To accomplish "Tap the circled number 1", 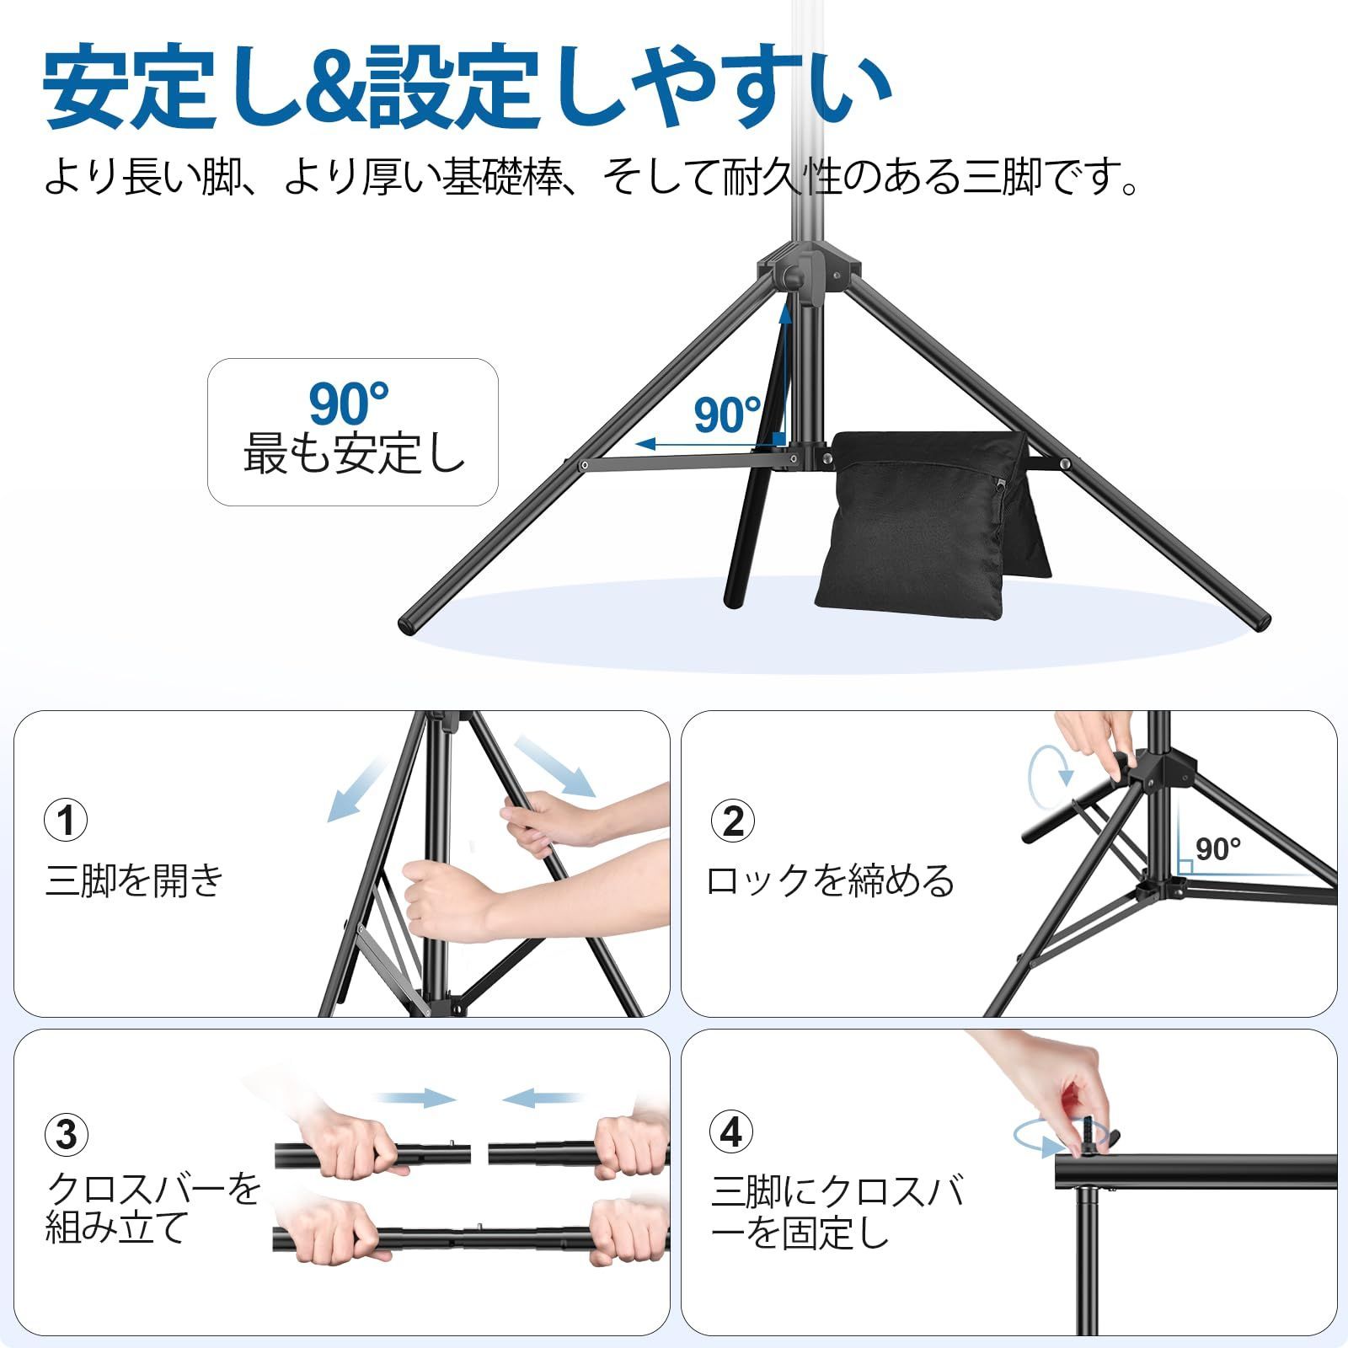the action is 66,820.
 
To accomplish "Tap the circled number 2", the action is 732,820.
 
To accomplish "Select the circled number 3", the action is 66,1134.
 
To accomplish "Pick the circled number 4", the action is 730,1131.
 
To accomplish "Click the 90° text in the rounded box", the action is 348,404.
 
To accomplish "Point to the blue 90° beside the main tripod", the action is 727,415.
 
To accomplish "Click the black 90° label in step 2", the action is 1218,848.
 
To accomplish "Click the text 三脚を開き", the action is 135,880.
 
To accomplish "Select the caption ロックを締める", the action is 831,880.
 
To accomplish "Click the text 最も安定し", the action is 354,454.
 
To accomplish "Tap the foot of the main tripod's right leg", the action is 1257,621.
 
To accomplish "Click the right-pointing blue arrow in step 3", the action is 416,1098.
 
